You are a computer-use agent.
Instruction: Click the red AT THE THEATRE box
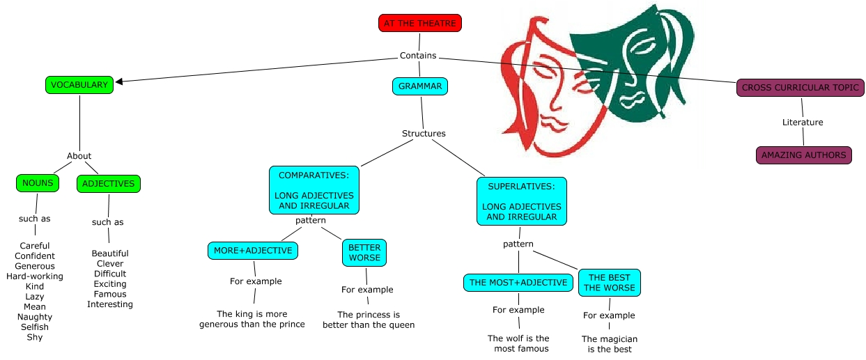coord(420,23)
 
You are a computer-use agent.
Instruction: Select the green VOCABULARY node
coord(79,85)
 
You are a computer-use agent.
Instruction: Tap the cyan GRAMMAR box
coord(420,86)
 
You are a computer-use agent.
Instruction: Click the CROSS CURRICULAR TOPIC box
coord(801,88)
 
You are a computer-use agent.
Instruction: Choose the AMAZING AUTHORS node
coord(803,155)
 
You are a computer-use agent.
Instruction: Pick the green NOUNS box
coord(38,183)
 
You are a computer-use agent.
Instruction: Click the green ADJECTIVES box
coord(109,184)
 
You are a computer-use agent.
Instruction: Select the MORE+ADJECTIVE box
coord(253,250)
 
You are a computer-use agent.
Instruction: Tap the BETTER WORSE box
coord(364,252)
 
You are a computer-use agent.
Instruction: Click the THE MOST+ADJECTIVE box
coord(518,283)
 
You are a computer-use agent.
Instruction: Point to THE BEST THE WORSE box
coord(610,282)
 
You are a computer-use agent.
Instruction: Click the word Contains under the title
coord(418,56)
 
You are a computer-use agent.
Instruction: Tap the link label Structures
coord(424,133)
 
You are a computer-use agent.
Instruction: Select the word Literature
coord(803,122)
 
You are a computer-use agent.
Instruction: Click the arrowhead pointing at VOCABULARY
coord(120,81)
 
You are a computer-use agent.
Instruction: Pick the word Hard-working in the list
coord(35,276)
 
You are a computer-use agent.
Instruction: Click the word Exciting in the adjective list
coord(110,284)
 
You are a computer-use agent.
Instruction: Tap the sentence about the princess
coord(369,320)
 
